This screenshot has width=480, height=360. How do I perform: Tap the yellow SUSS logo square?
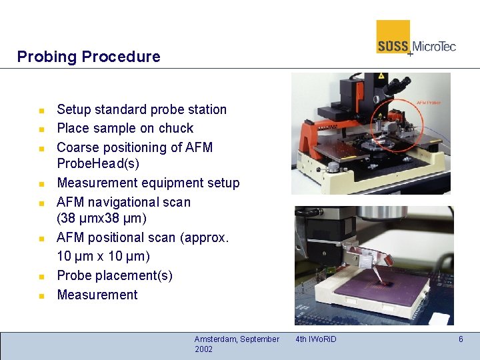click(393, 36)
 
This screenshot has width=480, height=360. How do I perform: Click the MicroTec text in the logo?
click(434, 46)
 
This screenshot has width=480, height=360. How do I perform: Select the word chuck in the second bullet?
click(175, 128)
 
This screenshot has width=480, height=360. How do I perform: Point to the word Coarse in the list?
click(78, 147)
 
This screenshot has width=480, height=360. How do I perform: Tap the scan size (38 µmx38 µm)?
click(101, 219)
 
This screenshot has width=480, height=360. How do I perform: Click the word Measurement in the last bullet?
click(97, 295)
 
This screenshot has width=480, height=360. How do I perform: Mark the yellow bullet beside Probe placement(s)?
click(41, 276)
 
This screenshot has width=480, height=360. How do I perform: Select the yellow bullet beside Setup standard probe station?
click(41, 110)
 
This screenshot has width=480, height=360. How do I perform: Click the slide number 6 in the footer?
click(460, 339)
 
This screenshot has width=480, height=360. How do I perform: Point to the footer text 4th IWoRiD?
click(316, 339)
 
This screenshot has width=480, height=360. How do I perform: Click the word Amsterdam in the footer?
click(215, 339)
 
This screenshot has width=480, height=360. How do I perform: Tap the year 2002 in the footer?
click(204, 349)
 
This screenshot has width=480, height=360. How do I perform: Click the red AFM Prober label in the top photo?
click(428, 103)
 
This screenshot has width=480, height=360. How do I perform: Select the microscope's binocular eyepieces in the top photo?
click(398, 85)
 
